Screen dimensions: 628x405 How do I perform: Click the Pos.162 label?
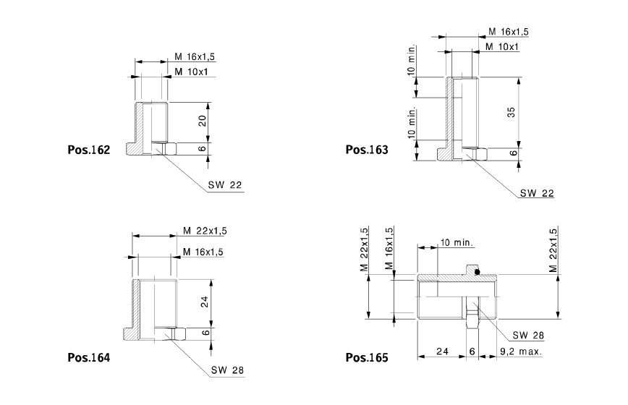[x=88, y=150]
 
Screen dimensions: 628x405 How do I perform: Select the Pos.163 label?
[x=367, y=150]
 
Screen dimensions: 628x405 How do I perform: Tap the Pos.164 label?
[x=88, y=357]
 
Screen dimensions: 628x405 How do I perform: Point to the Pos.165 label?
[x=367, y=357]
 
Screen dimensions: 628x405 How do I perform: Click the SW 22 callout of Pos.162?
[x=225, y=185]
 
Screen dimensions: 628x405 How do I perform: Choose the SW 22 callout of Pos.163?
[x=537, y=193]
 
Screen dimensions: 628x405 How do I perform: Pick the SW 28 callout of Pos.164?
[x=227, y=370]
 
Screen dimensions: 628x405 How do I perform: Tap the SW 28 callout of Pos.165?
[x=528, y=336]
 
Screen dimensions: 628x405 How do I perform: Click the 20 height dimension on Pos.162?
[x=203, y=121]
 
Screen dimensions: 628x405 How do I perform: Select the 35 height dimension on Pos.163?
[x=511, y=112]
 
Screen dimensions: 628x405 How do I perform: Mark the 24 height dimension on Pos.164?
[x=205, y=302]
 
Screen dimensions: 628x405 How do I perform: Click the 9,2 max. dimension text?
[x=521, y=351]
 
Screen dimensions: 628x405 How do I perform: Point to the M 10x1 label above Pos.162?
[x=192, y=72]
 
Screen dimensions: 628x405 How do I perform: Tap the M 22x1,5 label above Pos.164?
[x=205, y=231]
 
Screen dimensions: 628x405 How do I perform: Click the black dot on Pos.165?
[x=477, y=272]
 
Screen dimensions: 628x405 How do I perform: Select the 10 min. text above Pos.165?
[x=457, y=242]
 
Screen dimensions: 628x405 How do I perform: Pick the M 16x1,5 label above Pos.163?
[x=509, y=31]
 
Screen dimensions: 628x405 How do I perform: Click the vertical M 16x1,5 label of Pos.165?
[x=389, y=248]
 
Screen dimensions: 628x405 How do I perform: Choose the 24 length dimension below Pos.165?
[x=442, y=351]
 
